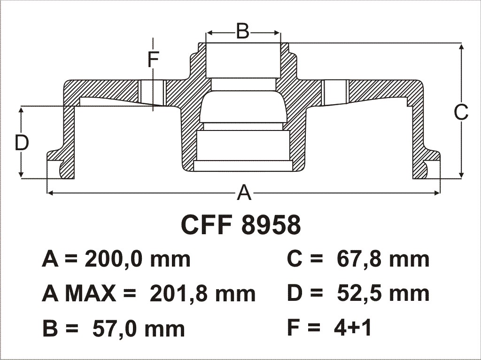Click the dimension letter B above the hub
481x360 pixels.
pyautogui.click(x=243, y=31)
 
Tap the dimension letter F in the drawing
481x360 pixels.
pyautogui.click(x=153, y=60)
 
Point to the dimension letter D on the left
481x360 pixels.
pyautogui.click(x=22, y=143)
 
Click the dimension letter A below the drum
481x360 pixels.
pyautogui.click(x=244, y=193)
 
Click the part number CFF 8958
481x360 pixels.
pyautogui.click(x=241, y=225)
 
